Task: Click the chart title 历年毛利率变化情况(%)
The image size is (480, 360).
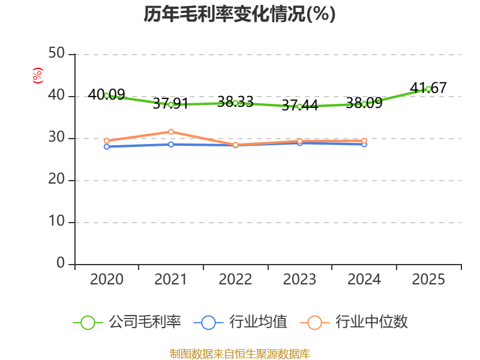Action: (239, 14)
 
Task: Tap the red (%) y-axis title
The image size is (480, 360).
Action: (38, 76)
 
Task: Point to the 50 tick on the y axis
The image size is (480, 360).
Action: (56, 53)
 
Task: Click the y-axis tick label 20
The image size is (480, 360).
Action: (56, 179)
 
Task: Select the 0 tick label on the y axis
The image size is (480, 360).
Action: (61, 263)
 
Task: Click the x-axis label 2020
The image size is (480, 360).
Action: (107, 279)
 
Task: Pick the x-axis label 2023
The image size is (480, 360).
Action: (299, 279)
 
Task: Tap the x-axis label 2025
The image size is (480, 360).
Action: (428, 279)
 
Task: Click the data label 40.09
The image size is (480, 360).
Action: (107, 94)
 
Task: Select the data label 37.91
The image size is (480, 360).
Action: (170, 103)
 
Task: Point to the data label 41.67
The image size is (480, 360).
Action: (428, 88)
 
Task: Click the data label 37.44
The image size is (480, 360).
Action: (299, 106)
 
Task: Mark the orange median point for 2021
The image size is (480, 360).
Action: (171, 132)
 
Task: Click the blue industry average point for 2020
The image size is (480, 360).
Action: (107, 147)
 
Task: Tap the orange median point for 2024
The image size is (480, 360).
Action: (364, 141)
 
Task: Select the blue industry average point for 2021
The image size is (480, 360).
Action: (171, 145)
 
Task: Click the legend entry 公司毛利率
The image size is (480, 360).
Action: (127, 322)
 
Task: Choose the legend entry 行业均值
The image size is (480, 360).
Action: (241, 322)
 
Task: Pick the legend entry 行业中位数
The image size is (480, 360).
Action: (354, 322)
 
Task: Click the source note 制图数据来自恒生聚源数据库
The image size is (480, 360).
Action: (240, 354)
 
